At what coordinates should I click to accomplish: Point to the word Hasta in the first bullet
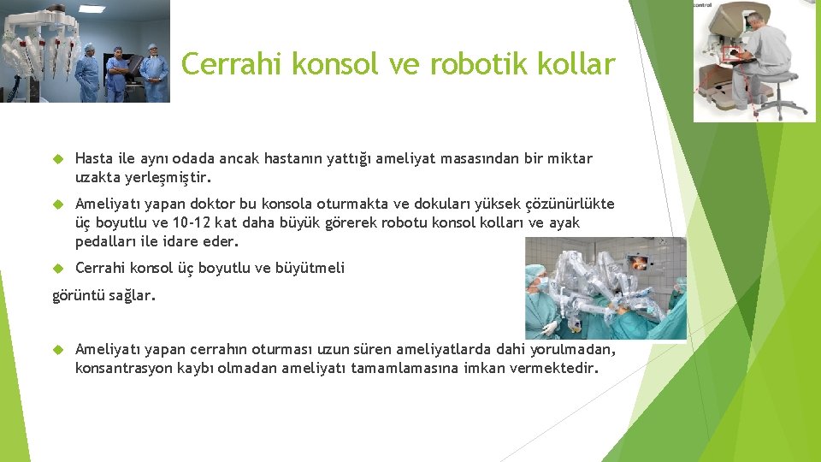(x=94, y=158)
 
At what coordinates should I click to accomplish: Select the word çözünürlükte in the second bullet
(x=561, y=204)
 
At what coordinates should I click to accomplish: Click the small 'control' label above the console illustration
(x=703, y=5)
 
